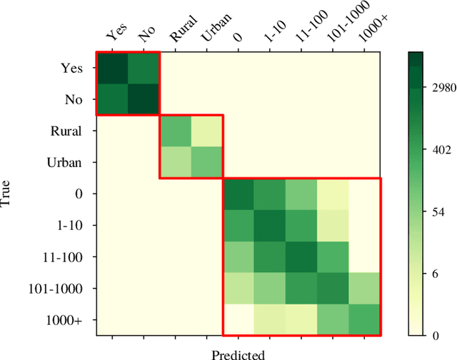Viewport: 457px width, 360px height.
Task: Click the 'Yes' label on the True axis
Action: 73,69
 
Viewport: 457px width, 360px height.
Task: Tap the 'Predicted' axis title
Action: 238,354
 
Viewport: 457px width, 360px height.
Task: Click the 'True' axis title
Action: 7,194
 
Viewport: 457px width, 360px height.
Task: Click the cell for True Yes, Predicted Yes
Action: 112,69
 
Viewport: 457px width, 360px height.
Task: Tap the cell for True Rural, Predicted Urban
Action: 206,131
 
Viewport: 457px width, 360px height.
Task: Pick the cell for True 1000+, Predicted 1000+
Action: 364,319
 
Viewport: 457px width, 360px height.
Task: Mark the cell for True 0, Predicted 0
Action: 238,194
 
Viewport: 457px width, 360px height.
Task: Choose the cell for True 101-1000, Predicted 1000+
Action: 364,288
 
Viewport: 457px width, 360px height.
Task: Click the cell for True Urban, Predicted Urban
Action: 206,162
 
